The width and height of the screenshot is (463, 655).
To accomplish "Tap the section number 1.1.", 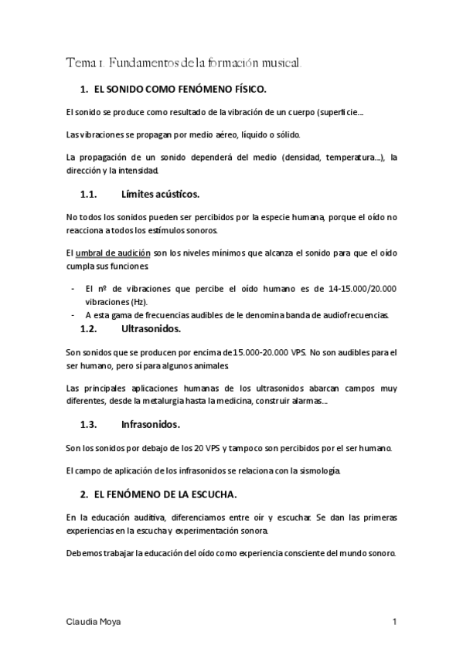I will [x=92, y=194].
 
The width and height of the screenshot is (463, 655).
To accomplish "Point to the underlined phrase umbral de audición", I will [x=113, y=253].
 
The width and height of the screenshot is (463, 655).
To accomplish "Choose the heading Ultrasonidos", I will [x=151, y=329].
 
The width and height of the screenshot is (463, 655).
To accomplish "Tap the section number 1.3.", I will [x=92, y=424].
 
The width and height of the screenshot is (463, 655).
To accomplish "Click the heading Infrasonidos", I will [x=151, y=424].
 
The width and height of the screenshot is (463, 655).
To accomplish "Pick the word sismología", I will [x=315, y=470].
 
